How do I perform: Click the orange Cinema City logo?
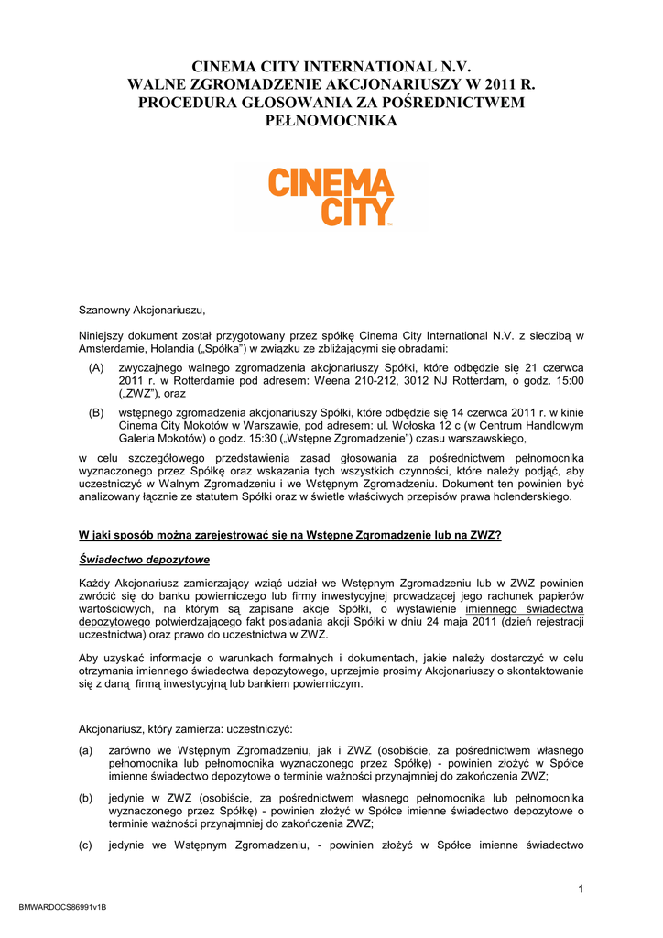click(331, 195)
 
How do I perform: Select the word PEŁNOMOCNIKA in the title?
click(331, 120)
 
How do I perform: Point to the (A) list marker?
click(96, 366)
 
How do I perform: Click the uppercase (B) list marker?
click(96, 412)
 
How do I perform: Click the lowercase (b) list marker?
click(87, 797)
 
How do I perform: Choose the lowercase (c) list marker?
click(87, 845)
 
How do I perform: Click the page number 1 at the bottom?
click(581, 889)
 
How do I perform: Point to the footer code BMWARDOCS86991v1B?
click(63, 907)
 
